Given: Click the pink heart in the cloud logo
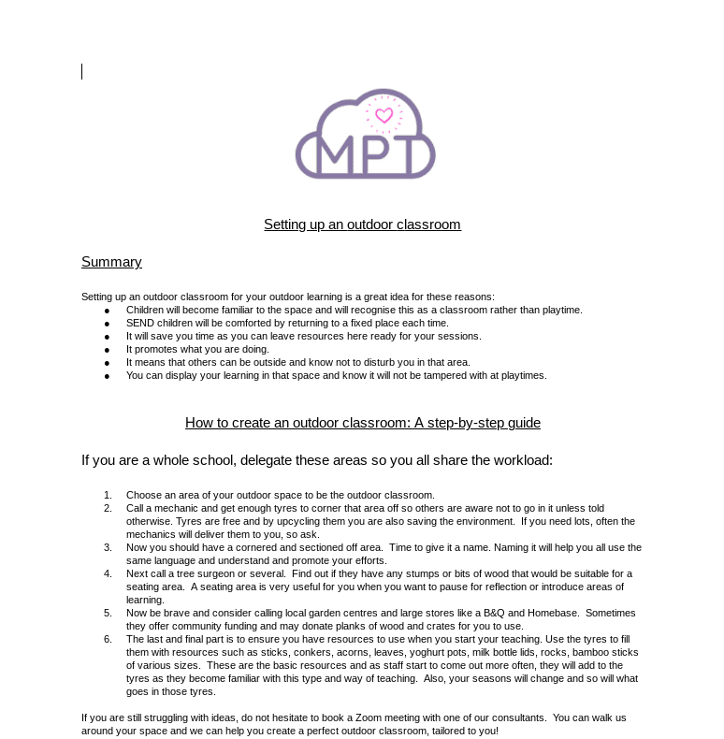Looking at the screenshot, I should point(384,116).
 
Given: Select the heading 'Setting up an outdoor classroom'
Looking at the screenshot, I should point(362,225).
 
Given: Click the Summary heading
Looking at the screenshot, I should point(111,262).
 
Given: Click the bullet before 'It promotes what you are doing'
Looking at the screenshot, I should point(107,350).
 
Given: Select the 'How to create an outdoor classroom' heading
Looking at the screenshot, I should point(362,423).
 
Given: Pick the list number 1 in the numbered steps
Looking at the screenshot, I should point(108,495).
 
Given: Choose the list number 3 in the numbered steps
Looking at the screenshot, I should point(108,547).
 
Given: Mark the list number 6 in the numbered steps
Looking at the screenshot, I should point(108,639).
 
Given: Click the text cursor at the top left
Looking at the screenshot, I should point(82,71).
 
